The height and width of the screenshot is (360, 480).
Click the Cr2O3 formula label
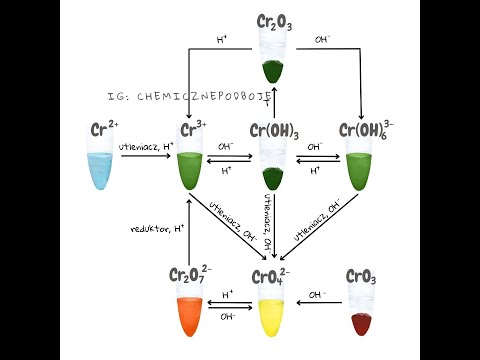274,21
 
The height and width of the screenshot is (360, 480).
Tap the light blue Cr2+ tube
100,164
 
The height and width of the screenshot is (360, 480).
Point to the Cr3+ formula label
193,130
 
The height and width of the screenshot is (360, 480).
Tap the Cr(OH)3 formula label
274,130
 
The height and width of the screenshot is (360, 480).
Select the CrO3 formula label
361,276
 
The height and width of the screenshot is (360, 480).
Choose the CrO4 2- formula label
272,275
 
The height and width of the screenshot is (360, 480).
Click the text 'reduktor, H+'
157,229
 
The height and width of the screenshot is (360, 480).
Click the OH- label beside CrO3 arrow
318,295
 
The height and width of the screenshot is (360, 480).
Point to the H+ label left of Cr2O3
222,40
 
